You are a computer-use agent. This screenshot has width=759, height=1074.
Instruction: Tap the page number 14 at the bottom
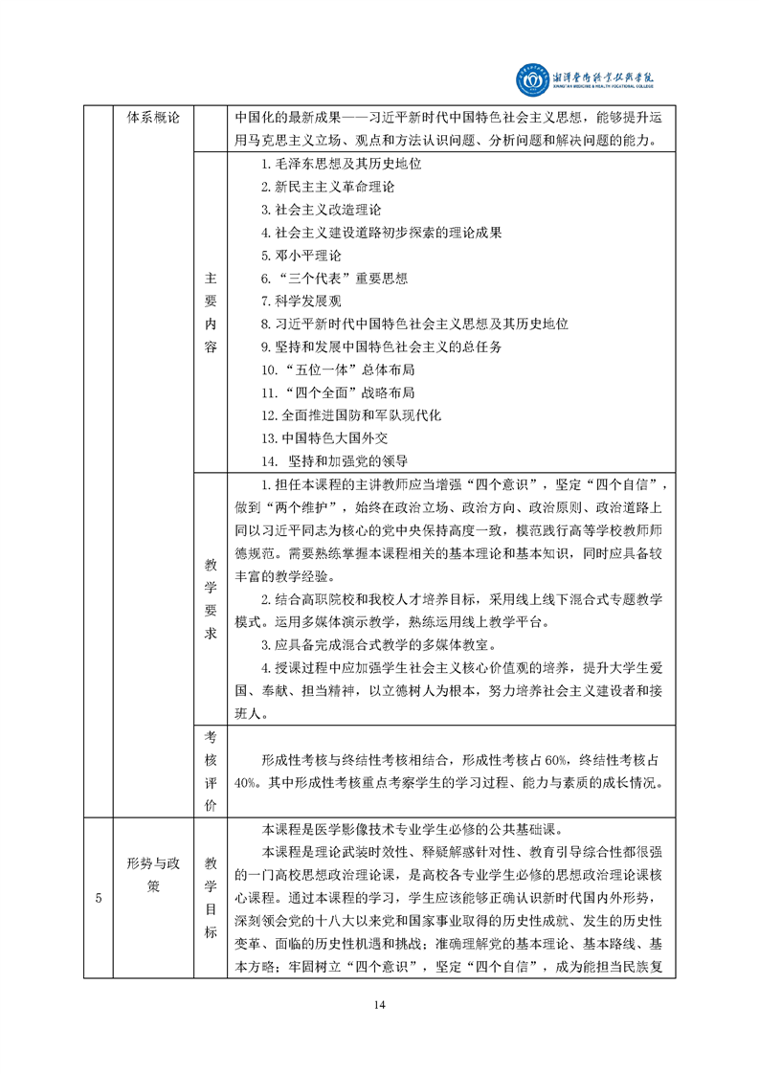coord(379,1003)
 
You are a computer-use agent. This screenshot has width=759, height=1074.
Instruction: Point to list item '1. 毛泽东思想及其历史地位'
coord(341,164)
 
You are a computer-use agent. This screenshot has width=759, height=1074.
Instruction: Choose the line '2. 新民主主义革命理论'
coord(327,187)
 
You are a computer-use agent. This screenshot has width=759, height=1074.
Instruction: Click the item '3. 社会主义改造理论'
coord(321,210)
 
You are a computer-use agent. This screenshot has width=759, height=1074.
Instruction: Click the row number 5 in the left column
coord(99,897)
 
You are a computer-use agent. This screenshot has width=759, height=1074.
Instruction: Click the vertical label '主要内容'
coord(211,313)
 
